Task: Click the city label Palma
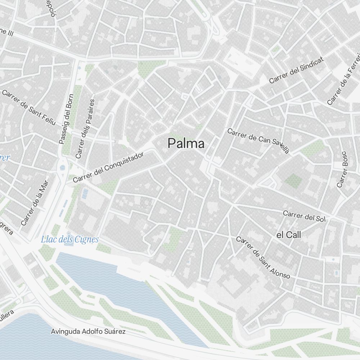tap(186, 144)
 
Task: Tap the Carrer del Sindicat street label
tap(297, 70)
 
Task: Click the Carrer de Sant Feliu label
tap(29, 107)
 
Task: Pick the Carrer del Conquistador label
tap(108, 167)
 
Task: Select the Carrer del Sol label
tap(304, 216)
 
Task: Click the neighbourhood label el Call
tap(289, 235)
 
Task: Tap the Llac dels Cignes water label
tap(70, 239)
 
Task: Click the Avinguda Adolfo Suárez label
tap(88, 331)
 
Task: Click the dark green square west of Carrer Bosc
tap(294, 181)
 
